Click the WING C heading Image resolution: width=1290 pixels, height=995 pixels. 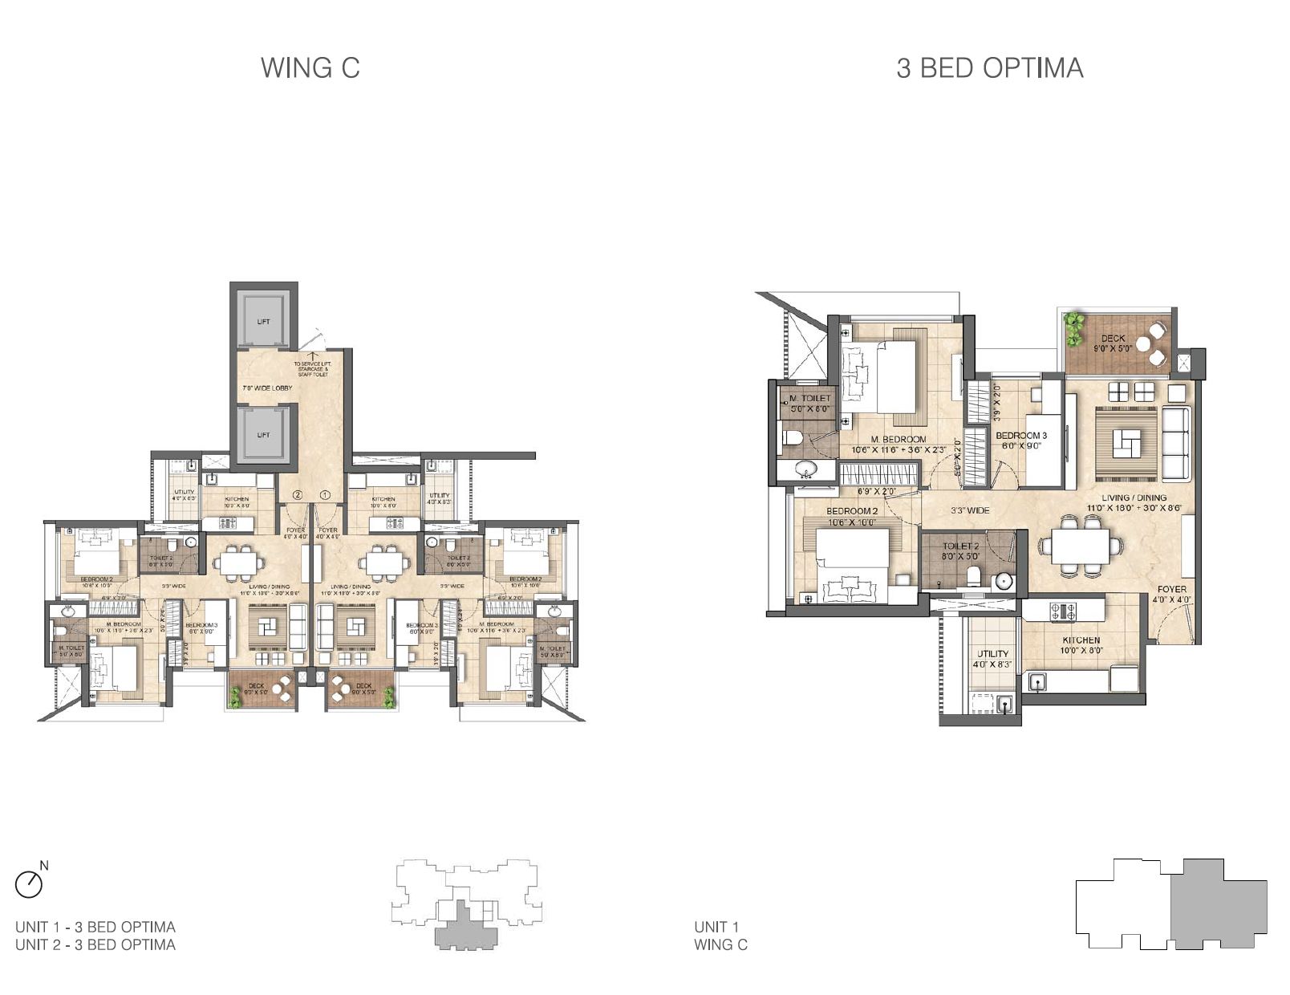click(310, 68)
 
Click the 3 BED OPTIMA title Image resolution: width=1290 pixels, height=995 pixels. click(989, 68)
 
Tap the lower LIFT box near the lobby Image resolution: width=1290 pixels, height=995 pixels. click(263, 434)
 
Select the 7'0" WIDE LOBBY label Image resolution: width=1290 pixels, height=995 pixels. click(267, 388)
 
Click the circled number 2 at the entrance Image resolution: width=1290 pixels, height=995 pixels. click(297, 495)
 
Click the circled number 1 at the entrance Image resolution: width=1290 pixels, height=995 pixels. click(325, 495)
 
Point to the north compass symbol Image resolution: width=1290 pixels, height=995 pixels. click(30, 883)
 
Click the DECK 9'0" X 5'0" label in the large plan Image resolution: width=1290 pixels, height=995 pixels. click(1113, 343)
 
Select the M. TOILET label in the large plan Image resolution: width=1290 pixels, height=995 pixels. click(810, 403)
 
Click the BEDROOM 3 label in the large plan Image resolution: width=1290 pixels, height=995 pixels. click(1020, 440)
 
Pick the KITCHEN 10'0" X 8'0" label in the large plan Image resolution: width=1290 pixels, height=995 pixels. click(1081, 645)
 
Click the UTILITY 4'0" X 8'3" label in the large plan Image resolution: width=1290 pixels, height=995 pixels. click(992, 659)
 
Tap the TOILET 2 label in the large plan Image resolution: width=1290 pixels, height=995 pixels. click(960, 550)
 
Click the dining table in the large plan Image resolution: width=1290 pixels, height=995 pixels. click(1080, 546)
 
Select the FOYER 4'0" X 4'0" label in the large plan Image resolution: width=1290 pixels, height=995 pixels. click(1171, 594)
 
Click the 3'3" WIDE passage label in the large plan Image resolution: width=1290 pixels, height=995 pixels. click(970, 510)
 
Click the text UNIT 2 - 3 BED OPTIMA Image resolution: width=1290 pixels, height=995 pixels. click(95, 944)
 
